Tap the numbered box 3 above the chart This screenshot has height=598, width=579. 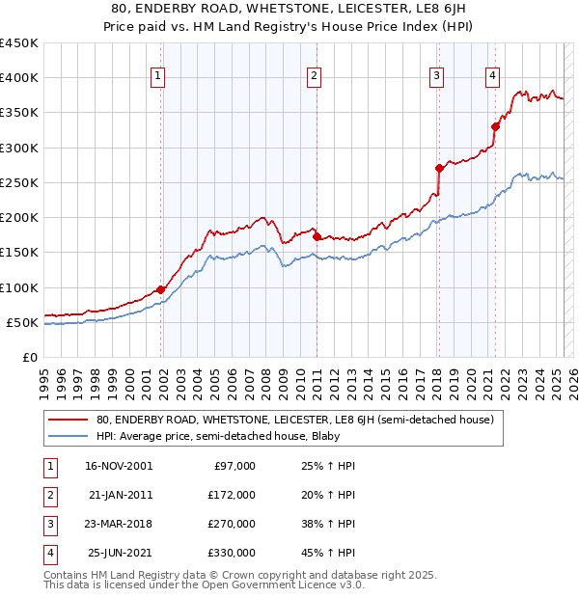(437, 78)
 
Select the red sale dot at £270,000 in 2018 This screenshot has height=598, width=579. (439, 168)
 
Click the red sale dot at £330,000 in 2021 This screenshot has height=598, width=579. (495, 125)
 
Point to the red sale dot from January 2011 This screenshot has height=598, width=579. (317, 236)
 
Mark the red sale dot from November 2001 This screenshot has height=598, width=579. (161, 288)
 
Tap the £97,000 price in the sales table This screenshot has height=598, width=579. (233, 466)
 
